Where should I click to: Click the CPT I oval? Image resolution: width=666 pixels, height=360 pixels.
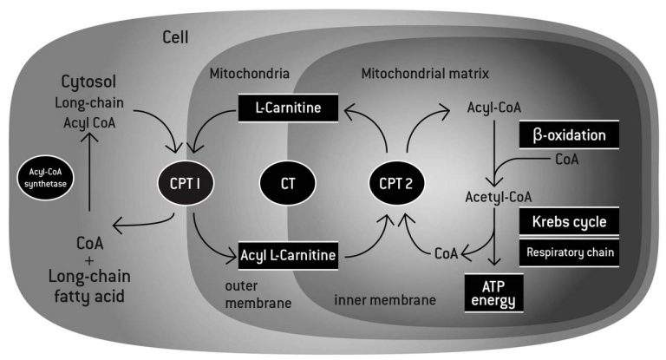180,183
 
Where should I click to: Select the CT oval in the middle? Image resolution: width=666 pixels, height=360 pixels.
288,183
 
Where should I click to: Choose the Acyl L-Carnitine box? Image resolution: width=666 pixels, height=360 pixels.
286,256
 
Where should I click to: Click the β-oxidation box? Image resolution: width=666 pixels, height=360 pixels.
570,135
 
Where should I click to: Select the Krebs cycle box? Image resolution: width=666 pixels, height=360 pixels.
569,220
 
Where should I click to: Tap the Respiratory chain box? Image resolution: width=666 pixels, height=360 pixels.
569,252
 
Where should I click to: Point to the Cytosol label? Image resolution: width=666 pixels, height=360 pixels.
87,82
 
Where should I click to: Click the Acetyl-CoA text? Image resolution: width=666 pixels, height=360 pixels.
493,195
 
